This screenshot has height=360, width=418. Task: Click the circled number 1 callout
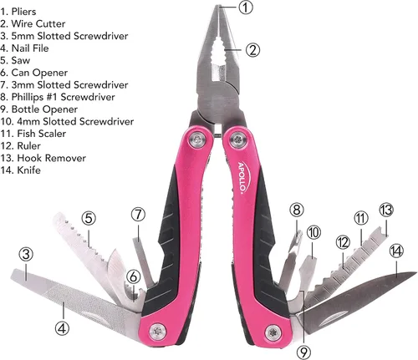click(246, 8)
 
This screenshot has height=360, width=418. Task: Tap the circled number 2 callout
click(252, 50)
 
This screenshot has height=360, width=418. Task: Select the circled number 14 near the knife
click(396, 251)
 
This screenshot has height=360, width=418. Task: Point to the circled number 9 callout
click(303, 352)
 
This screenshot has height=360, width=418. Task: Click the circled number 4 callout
click(62, 328)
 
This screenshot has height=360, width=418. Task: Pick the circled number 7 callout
click(139, 215)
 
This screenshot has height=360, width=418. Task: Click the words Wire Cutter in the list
click(38, 23)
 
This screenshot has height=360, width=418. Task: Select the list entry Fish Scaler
click(42, 134)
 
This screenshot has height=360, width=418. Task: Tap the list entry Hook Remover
click(52, 158)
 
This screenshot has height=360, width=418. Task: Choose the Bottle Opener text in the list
click(44, 109)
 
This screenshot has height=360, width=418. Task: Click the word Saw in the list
click(21, 60)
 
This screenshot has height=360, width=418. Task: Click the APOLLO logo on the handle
click(242, 177)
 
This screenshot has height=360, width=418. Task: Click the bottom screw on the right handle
click(273, 332)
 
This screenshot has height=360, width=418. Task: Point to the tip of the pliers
click(219, 6)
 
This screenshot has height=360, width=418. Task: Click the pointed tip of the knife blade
click(415, 272)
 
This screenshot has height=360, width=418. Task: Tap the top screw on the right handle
click(239, 139)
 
